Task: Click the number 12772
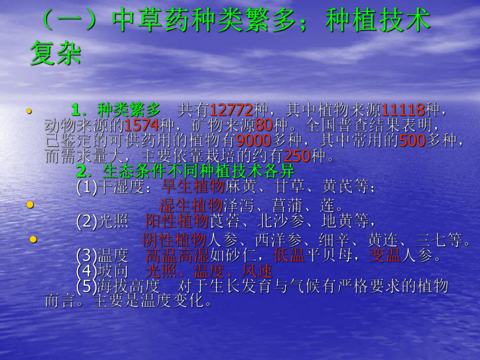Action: [231, 110]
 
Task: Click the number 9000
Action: [254, 141]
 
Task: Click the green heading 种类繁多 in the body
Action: [129, 110]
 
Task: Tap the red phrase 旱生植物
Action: [193, 187]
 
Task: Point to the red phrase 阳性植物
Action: [177, 221]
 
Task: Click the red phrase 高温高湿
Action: [177, 256]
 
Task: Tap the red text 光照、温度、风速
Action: [209, 271]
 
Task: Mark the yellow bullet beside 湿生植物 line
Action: [30, 204]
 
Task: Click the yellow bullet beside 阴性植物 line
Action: [33, 239]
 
